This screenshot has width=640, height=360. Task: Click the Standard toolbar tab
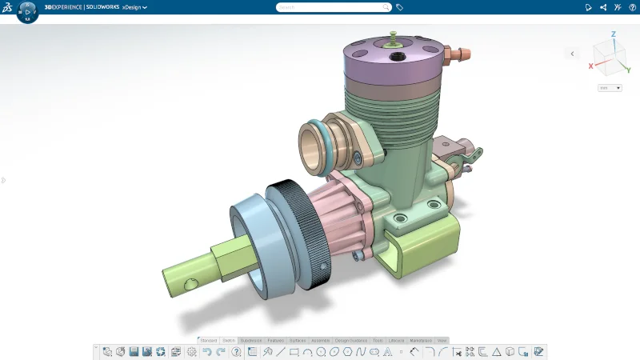tap(209, 340)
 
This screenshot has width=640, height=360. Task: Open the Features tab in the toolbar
tap(276, 340)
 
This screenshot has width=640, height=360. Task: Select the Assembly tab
tap(320, 340)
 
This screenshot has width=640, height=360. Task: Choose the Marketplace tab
tap(421, 340)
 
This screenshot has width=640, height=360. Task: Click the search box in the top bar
tap(334, 7)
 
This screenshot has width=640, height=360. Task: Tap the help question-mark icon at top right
tap(632, 7)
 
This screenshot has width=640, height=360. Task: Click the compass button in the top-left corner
tap(27, 11)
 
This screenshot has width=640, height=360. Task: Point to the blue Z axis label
tap(613, 34)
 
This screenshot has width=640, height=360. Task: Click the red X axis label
tap(591, 66)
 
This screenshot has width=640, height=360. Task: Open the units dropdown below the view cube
tap(610, 88)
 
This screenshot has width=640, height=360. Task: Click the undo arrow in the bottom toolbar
tap(207, 351)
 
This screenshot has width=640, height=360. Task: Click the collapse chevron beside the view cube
tap(571, 54)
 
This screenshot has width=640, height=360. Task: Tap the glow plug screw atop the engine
tap(393, 36)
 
